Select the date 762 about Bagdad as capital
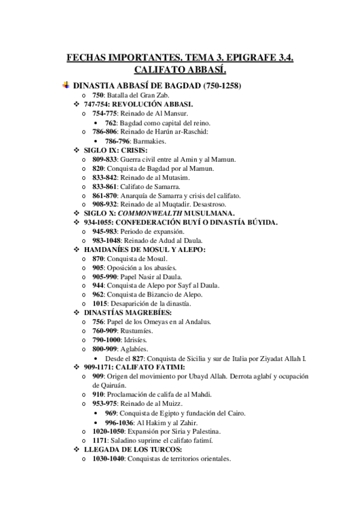[x=110, y=123]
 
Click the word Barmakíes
[x=149, y=141]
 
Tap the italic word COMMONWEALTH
[x=149, y=214]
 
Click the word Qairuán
[x=108, y=385]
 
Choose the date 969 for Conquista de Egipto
[x=110, y=413]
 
